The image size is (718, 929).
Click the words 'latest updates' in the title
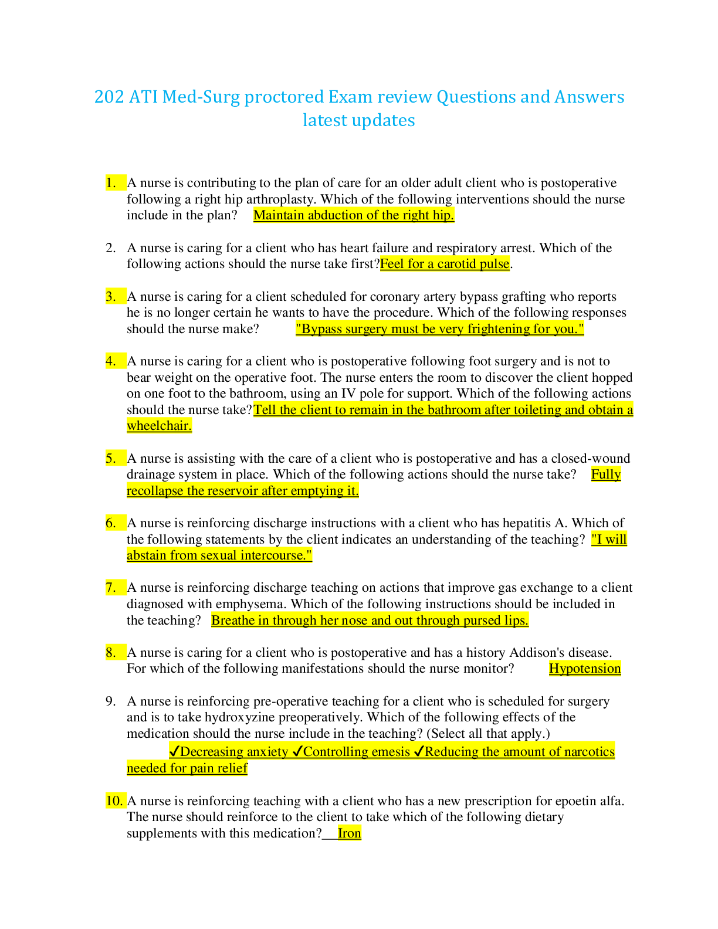click(359, 120)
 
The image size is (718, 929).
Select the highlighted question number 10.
click(114, 801)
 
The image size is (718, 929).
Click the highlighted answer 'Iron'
click(350, 833)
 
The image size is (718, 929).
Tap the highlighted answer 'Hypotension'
click(585, 669)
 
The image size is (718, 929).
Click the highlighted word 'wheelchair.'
click(160, 426)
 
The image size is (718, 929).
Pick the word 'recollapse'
click(155, 491)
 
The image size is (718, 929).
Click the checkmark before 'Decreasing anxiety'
click(174, 751)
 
